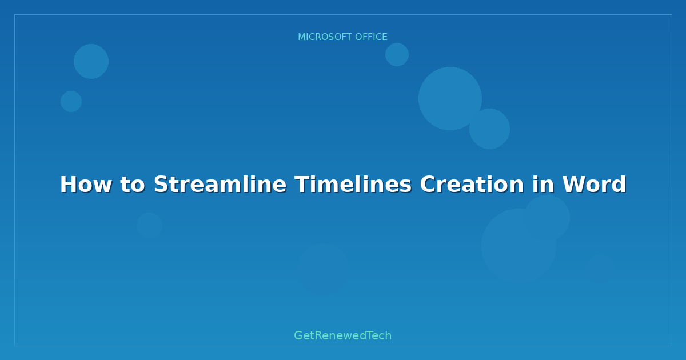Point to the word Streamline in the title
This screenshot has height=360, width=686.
[x=220, y=185]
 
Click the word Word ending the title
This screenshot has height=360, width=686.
[x=595, y=185]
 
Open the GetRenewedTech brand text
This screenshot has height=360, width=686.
[x=343, y=336]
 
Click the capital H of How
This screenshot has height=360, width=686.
[x=68, y=185]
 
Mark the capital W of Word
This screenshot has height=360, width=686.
[x=574, y=185]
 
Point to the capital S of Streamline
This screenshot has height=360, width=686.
[x=161, y=185]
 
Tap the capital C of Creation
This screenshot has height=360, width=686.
[x=427, y=185]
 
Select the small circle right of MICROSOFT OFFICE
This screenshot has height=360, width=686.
[x=397, y=54]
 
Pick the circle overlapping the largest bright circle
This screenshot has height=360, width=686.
[x=490, y=129]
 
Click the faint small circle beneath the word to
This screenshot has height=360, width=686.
[x=149, y=225]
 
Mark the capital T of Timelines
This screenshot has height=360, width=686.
[x=302, y=185]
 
